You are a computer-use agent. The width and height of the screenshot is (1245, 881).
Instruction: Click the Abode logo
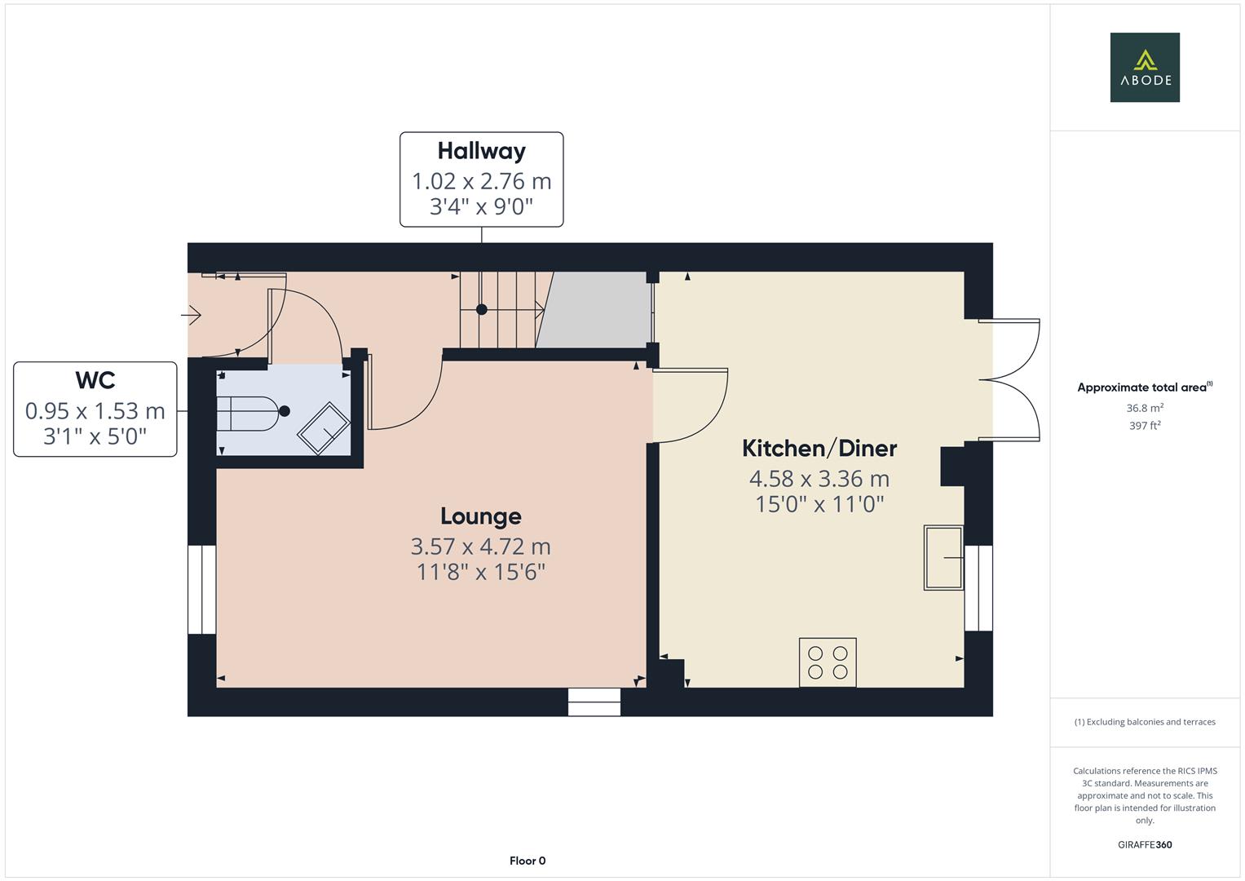pos(1144,67)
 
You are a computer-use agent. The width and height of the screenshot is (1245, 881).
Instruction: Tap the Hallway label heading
pos(481,151)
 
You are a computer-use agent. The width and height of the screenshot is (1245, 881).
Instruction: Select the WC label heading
pos(95,380)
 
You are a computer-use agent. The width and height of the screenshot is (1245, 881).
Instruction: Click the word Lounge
pos(480,516)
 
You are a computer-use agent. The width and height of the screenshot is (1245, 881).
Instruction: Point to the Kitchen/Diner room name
pos(819,449)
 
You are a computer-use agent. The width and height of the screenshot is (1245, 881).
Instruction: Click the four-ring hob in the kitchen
pos(828,662)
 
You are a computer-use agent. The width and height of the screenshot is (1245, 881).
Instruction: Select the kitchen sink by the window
pos(943,557)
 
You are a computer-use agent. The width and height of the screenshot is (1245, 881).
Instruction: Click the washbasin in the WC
pos(324,427)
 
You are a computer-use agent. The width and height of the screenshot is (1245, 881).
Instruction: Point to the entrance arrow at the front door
pos(192,314)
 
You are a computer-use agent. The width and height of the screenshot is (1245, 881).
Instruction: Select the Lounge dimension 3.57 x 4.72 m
pos(480,546)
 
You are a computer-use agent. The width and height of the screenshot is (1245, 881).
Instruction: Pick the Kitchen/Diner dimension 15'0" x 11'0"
pos(819,504)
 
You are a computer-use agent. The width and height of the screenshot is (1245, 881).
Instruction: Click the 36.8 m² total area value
pos(1144,408)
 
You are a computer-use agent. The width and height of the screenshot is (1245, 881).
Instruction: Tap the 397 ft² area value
pos(1144,426)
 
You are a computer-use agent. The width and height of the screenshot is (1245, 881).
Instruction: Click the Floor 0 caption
pos(527,861)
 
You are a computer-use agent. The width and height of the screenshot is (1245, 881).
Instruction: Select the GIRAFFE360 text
pos(1144,844)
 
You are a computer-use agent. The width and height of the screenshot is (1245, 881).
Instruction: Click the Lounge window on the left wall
pos(201,590)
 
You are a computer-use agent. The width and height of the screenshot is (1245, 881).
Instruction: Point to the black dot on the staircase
pos(482,309)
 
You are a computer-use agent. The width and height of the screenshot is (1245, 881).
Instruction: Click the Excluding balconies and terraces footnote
pos(1144,722)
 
